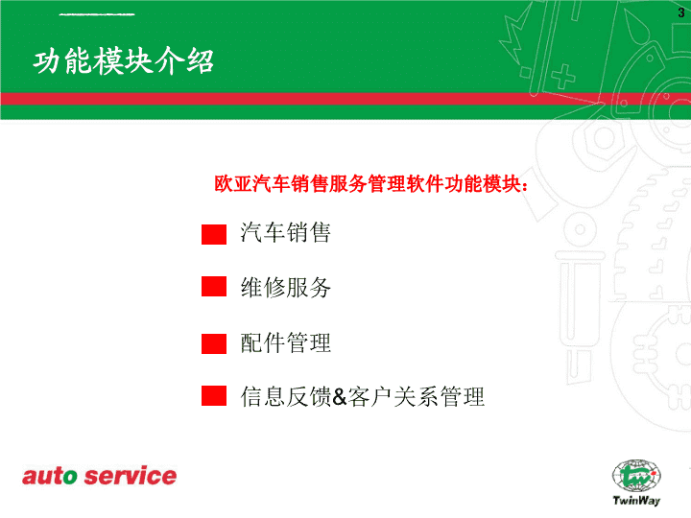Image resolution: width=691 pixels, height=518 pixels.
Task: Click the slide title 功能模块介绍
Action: pyautogui.click(x=124, y=60)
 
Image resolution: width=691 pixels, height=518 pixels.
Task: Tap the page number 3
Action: pyautogui.click(x=681, y=12)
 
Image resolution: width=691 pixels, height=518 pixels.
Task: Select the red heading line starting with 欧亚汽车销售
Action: pyautogui.click(x=371, y=183)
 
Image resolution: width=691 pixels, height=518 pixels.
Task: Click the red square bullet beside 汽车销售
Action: pyautogui.click(x=214, y=234)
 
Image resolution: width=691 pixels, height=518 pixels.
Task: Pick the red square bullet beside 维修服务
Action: pyautogui.click(x=214, y=286)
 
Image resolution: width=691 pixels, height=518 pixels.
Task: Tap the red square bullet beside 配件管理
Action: pyautogui.click(x=214, y=343)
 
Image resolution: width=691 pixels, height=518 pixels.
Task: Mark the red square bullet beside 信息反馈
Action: pyautogui.click(x=214, y=395)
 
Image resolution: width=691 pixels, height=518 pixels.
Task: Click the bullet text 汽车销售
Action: pyautogui.click(x=286, y=232)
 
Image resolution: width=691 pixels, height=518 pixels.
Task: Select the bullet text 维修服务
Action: pyautogui.click(x=286, y=288)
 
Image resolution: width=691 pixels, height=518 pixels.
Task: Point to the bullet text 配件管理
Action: pyautogui.click(x=286, y=342)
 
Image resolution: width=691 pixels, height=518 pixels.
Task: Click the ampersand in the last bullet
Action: pyautogui.click(x=340, y=396)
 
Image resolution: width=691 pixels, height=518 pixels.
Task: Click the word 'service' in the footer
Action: pyautogui.click(x=131, y=476)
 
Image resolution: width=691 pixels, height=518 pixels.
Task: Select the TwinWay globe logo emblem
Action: pyautogui.click(x=636, y=477)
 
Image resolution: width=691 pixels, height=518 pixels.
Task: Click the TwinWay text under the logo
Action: pyautogui.click(x=636, y=501)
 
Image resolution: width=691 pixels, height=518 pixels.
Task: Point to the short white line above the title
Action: pyautogui.click(x=97, y=14)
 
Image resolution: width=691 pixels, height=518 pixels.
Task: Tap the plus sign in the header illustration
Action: pyautogui.click(x=562, y=76)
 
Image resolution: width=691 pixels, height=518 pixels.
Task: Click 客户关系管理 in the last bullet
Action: pyautogui.click(x=417, y=396)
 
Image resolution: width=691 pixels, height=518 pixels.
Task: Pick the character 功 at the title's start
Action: pyautogui.click(x=47, y=61)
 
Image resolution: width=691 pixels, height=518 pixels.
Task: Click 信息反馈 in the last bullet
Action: pyautogui.click(x=286, y=396)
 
